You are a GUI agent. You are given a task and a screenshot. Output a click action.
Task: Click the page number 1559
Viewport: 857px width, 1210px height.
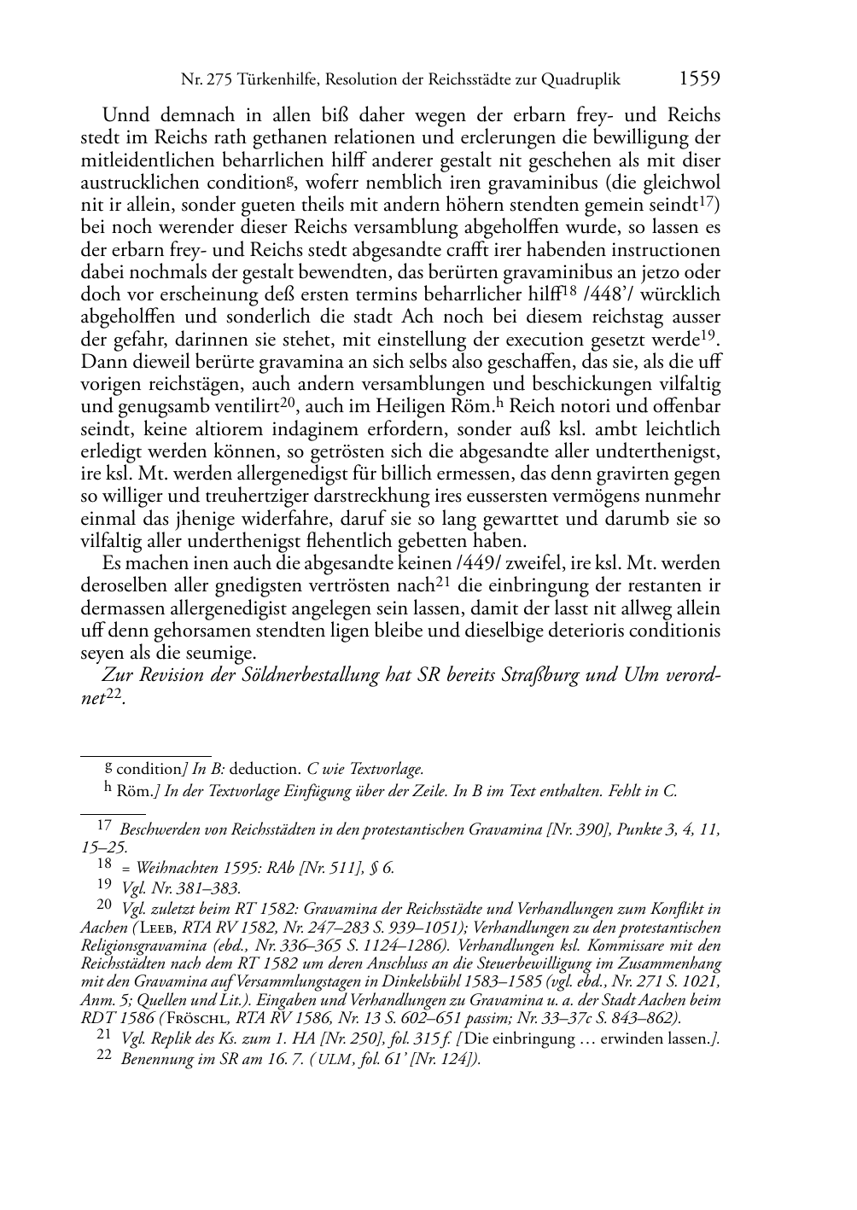(699, 80)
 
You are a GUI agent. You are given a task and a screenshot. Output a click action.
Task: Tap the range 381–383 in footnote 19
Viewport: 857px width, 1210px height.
(209, 889)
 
